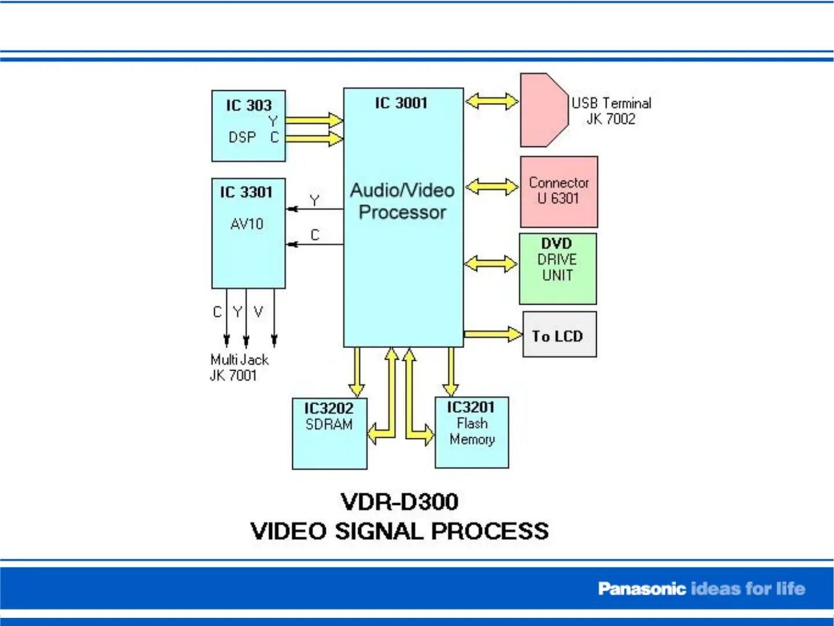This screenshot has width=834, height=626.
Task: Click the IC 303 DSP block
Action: (x=248, y=126)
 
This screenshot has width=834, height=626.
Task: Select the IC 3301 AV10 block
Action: (x=248, y=233)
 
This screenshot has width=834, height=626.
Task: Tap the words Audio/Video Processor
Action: (x=403, y=201)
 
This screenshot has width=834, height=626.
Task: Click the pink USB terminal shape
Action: (x=543, y=109)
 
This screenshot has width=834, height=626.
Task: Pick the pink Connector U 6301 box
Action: (x=559, y=191)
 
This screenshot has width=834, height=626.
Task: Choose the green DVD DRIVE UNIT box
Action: (x=557, y=268)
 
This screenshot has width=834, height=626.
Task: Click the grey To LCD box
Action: (x=559, y=335)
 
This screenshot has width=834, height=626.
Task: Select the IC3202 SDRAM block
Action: (x=329, y=433)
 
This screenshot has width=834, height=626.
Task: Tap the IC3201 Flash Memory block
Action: (x=472, y=432)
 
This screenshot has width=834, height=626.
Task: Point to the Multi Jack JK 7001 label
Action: (x=238, y=367)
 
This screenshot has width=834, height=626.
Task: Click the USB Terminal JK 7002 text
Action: (x=611, y=111)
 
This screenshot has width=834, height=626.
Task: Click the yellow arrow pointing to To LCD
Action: (x=493, y=334)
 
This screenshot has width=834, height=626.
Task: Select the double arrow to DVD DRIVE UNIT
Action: (x=491, y=263)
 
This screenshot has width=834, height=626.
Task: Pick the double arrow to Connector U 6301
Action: (x=492, y=186)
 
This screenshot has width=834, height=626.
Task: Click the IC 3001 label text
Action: (x=401, y=103)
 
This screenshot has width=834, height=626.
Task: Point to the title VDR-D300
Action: (x=399, y=501)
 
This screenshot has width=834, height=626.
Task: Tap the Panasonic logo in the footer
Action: (x=641, y=589)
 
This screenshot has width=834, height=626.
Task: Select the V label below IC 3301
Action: (x=258, y=312)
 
